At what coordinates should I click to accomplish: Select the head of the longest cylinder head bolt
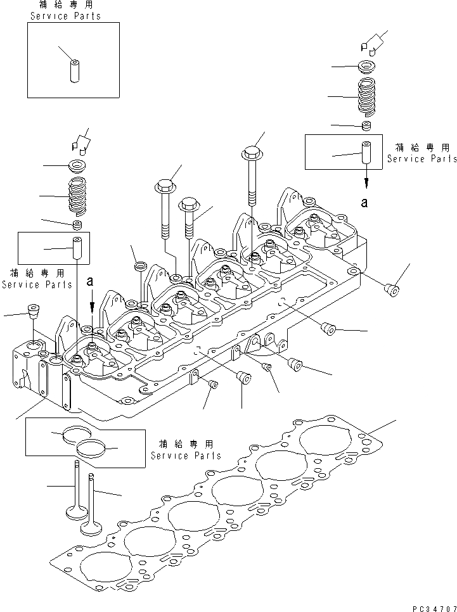[252, 153]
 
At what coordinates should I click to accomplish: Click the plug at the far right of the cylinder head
[392, 290]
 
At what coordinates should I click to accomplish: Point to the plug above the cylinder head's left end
[32, 311]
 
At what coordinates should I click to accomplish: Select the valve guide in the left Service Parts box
[77, 248]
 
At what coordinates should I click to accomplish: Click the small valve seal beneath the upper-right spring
[365, 126]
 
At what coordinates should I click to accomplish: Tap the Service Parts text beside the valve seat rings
[186, 456]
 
